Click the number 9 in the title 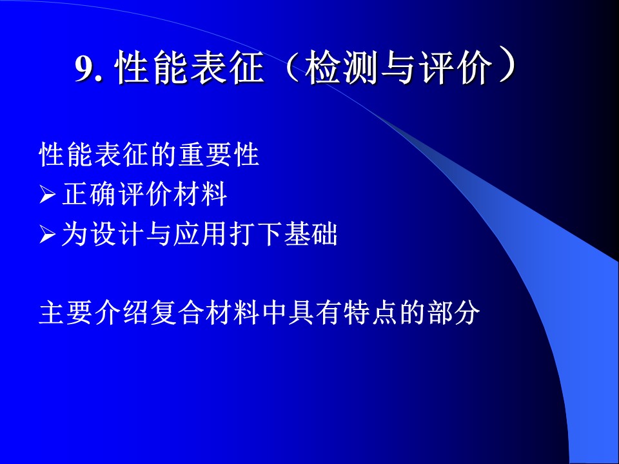[85, 69]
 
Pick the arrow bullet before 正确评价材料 [47, 195]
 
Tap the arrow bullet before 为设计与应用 [47, 235]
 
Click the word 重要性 [219, 154]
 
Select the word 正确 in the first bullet [89, 194]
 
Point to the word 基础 [310, 235]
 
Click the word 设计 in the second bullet [116, 235]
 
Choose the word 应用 [199, 235]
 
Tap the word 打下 [255, 235]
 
